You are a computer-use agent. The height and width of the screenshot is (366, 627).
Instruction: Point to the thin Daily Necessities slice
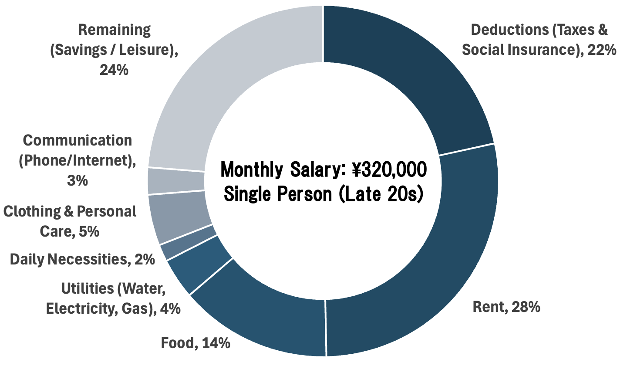pos(187,242)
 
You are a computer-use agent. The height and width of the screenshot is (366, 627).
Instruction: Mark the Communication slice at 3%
pos(176,181)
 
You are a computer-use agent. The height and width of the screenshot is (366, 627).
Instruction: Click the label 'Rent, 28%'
pos(506,307)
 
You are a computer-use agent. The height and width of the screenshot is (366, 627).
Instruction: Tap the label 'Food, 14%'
pos(196,343)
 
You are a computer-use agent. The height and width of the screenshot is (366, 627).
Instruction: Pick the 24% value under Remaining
pos(114,70)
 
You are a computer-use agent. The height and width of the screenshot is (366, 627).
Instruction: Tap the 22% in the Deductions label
pos(601,50)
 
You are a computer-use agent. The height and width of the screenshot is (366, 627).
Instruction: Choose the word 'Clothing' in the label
pos(32,211)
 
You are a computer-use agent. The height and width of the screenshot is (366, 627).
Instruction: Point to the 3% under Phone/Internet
pos(78,180)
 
